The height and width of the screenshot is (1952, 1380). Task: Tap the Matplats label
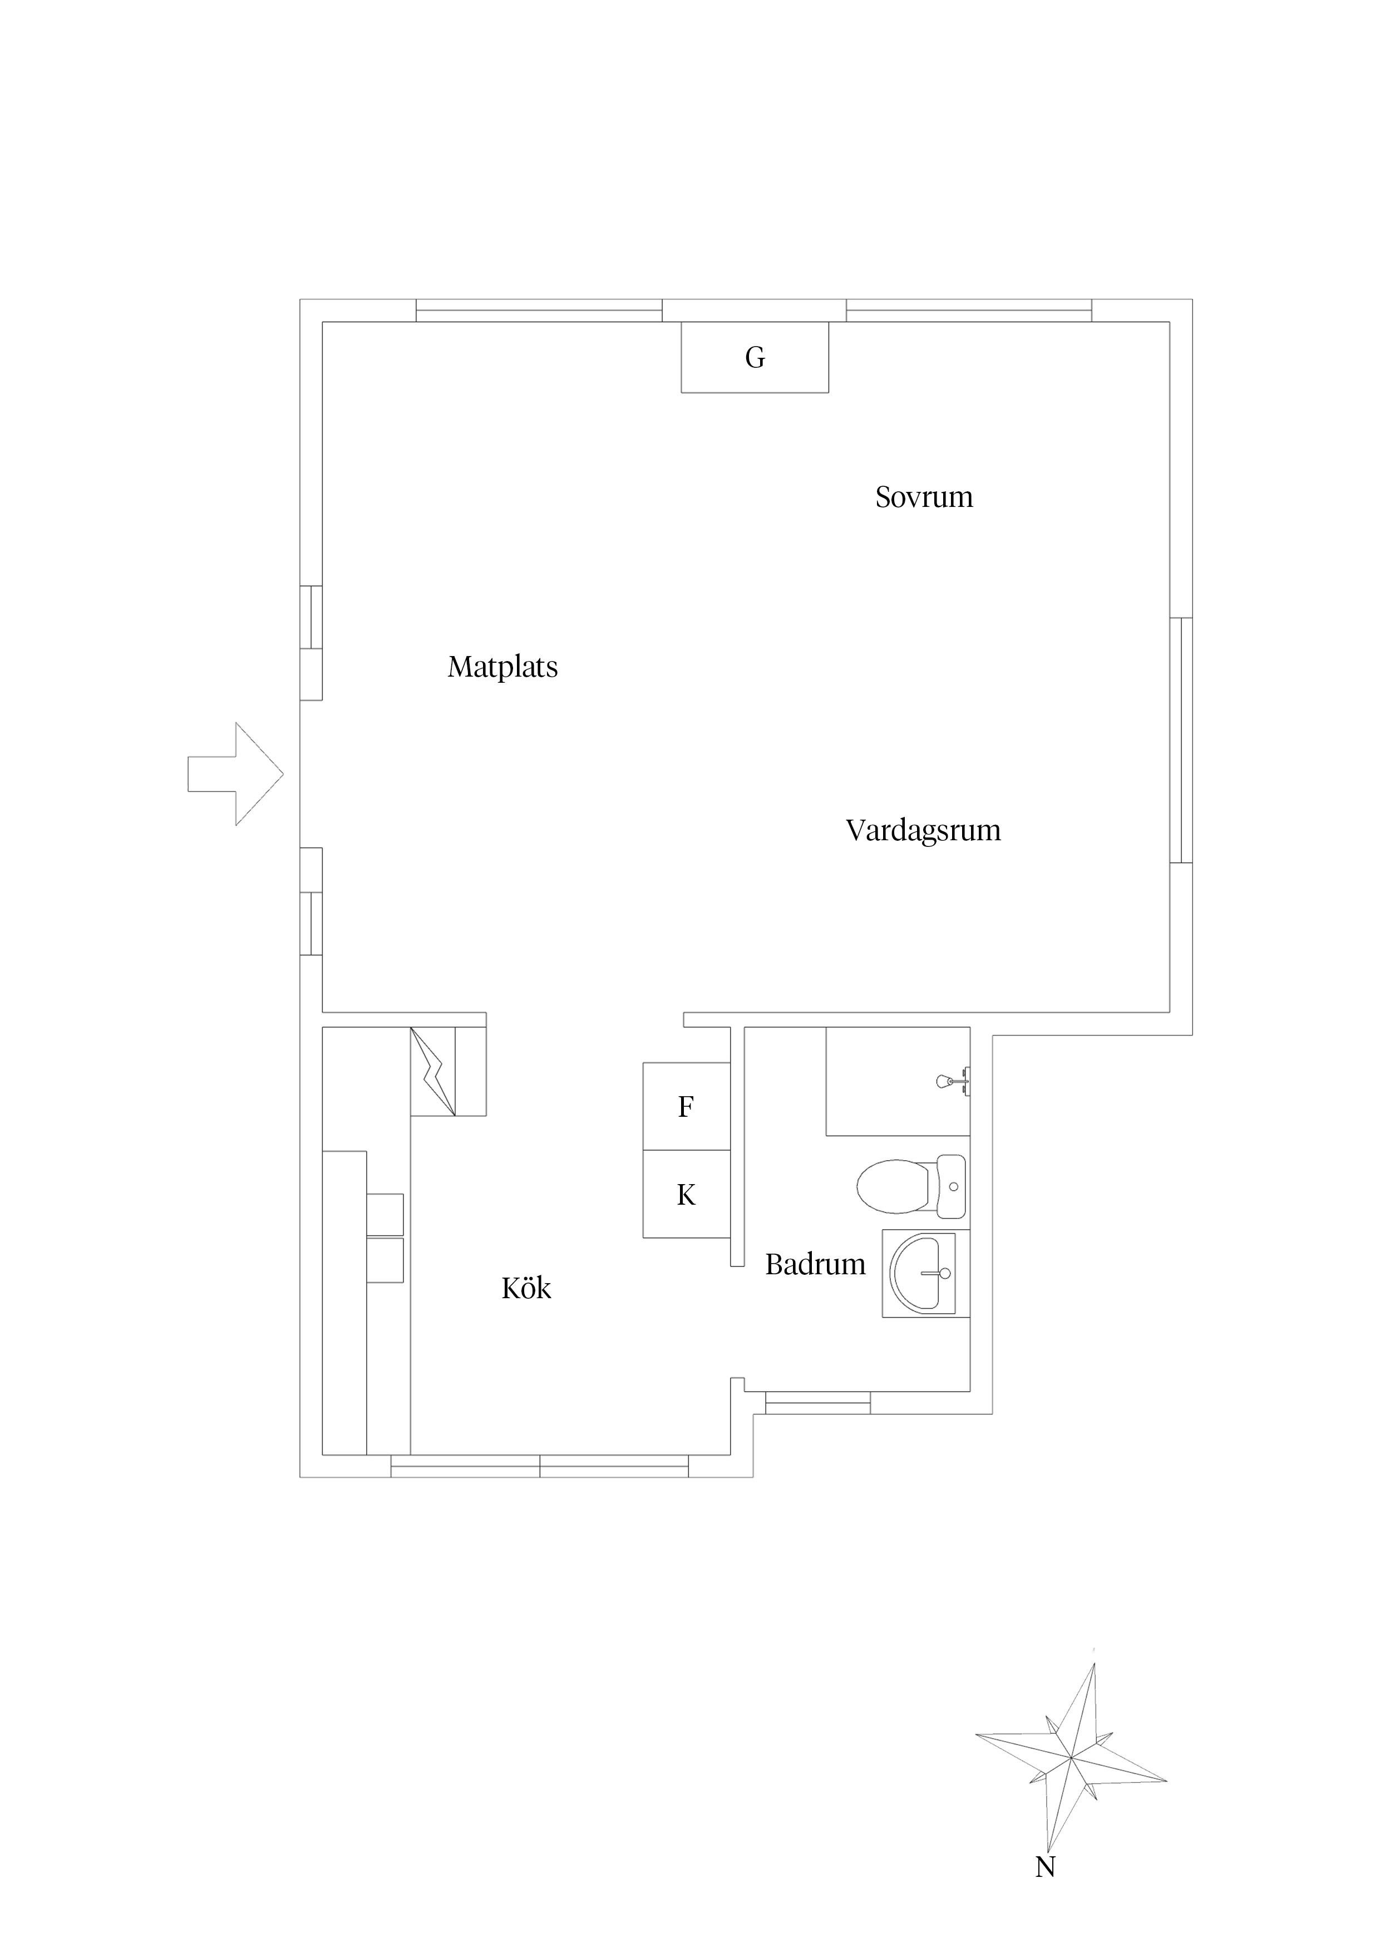tap(502, 667)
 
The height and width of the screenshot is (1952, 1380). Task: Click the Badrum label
tap(815, 1264)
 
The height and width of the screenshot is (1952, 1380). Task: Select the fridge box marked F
tap(686, 1106)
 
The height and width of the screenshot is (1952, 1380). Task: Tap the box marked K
tap(686, 1195)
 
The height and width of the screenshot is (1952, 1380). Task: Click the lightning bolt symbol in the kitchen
tap(433, 1071)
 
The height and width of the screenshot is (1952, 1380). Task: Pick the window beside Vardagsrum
tap(1181, 740)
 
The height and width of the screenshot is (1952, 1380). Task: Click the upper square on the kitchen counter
tap(385, 1214)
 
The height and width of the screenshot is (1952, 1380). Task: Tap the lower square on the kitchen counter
tap(385, 1260)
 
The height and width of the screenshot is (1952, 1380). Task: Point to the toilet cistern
tap(952, 1186)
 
